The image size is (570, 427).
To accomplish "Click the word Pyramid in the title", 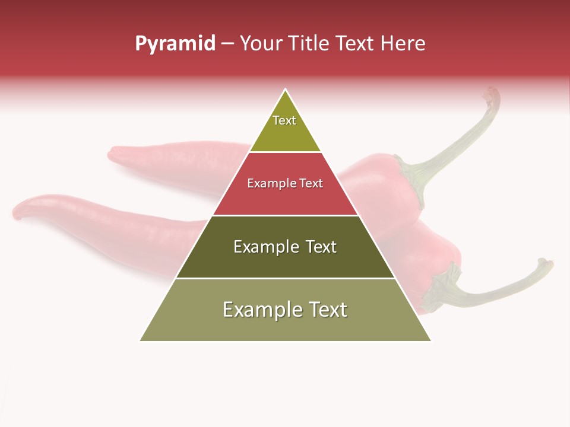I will (x=175, y=44).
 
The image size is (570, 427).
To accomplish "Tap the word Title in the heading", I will (x=310, y=44).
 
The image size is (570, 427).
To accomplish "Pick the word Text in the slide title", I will (x=356, y=44).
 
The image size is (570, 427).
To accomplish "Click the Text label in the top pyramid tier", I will (x=284, y=120).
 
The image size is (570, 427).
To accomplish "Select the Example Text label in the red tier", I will (x=285, y=183).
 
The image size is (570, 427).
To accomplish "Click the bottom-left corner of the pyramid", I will (x=140, y=340).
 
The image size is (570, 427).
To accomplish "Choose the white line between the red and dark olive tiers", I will (x=285, y=215).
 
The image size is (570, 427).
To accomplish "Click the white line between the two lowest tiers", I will (x=285, y=278).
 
